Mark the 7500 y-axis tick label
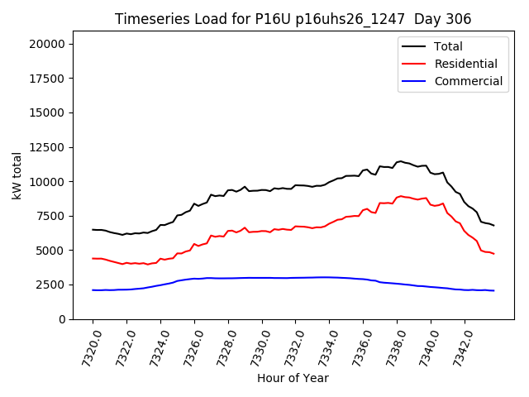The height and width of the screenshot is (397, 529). pyautogui.click(x=59, y=216)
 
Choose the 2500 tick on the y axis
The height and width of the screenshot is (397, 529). pyautogui.click(x=59, y=285)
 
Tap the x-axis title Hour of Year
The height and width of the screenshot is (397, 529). pyautogui.click(x=293, y=379)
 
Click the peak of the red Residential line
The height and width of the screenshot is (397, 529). pyautogui.click(x=400, y=196)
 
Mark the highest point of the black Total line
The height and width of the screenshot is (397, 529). pyautogui.click(x=400, y=161)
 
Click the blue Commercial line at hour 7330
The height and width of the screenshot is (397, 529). pyautogui.click(x=262, y=278)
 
